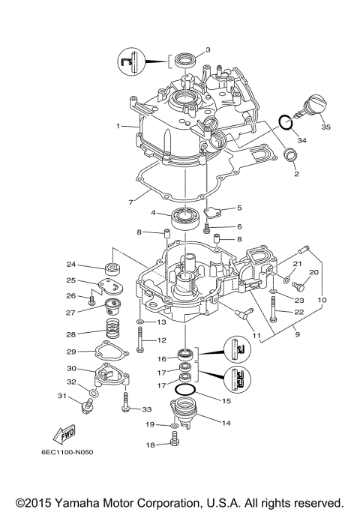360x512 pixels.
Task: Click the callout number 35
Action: pos(325,127)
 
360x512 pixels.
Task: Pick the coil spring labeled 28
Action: pos(112,327)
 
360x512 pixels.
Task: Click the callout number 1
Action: pos(118,126)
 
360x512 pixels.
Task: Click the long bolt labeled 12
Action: pos(141,345)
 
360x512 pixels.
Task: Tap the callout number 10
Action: pos(322,301)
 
